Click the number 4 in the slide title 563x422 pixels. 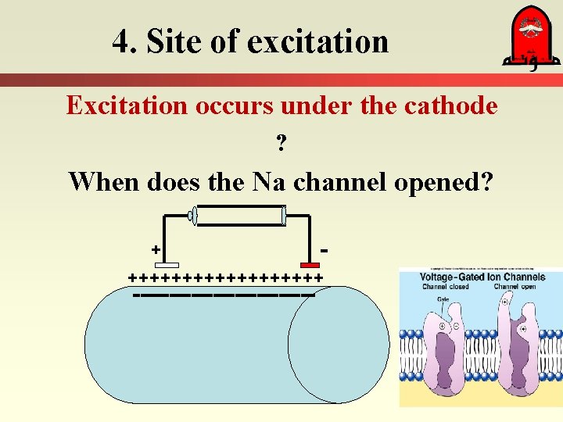[121, 41]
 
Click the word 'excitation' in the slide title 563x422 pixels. [317, 41]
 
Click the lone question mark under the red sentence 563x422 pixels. [281, 144]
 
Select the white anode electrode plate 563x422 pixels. [167, 265]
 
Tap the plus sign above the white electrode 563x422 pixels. [156, 249]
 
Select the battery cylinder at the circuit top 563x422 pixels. [238, 215]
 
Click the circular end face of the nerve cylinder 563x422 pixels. [338, 344]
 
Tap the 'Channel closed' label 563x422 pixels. [445, 287]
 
